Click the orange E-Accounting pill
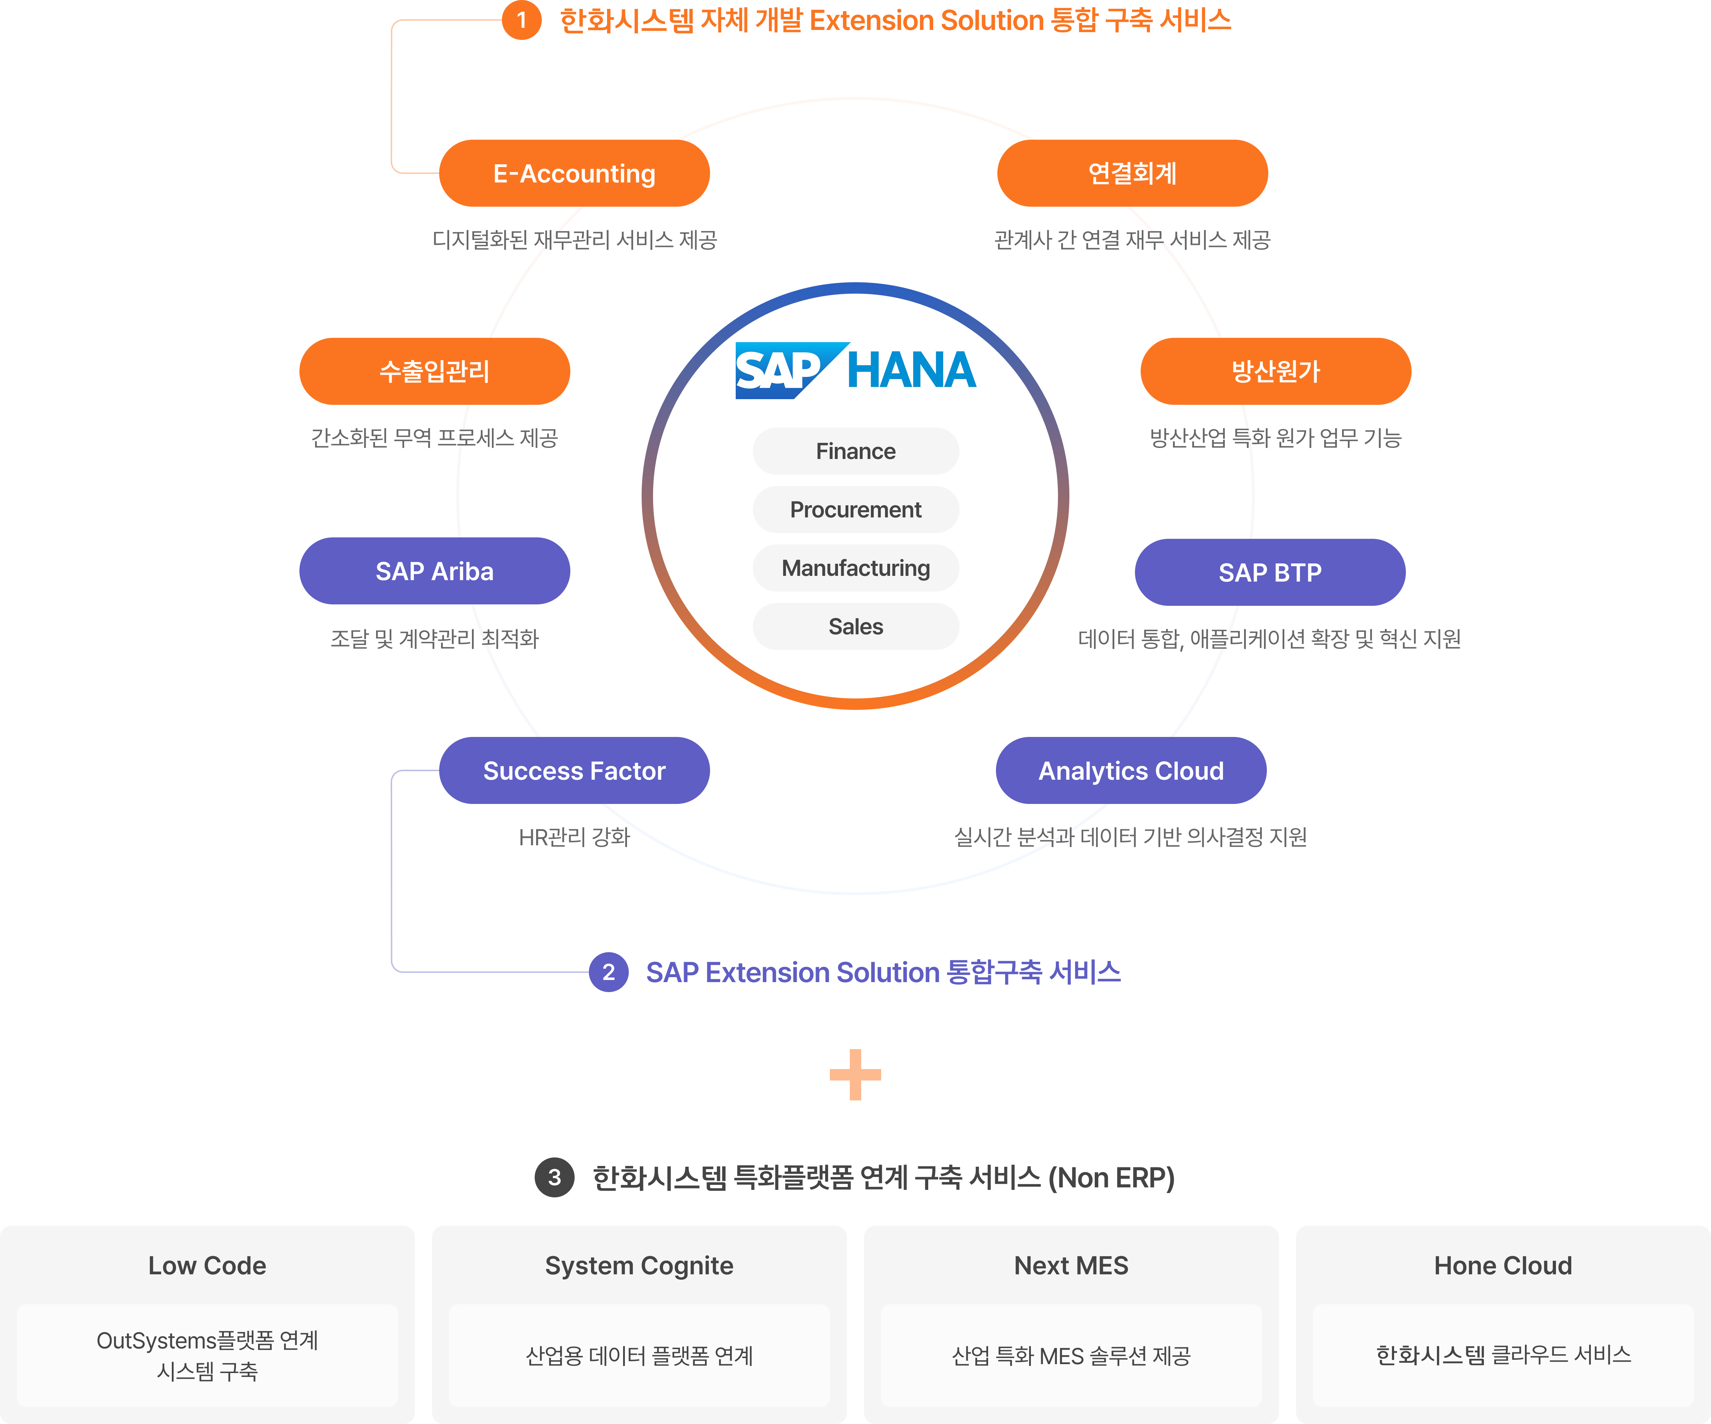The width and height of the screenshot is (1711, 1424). click(574, 174)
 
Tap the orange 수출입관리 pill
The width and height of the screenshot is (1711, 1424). click(434, 371)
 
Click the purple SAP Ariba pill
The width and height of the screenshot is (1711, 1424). click(434, 571)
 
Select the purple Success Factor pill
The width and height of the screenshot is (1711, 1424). click(574, 771)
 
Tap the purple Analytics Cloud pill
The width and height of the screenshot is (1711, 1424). click(1131, 771)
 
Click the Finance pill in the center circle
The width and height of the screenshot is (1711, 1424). click(855, 451)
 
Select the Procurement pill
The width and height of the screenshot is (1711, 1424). click(855, 510)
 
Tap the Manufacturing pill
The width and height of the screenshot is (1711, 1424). click(855, 568)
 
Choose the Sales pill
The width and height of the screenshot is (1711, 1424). click(855, 626)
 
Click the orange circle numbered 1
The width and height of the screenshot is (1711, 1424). click(521, 20)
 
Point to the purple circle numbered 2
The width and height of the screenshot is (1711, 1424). click(608, 972)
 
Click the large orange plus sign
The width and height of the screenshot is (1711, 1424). click(855, 1074)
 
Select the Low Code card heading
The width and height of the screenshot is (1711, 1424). click(207, 1265)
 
